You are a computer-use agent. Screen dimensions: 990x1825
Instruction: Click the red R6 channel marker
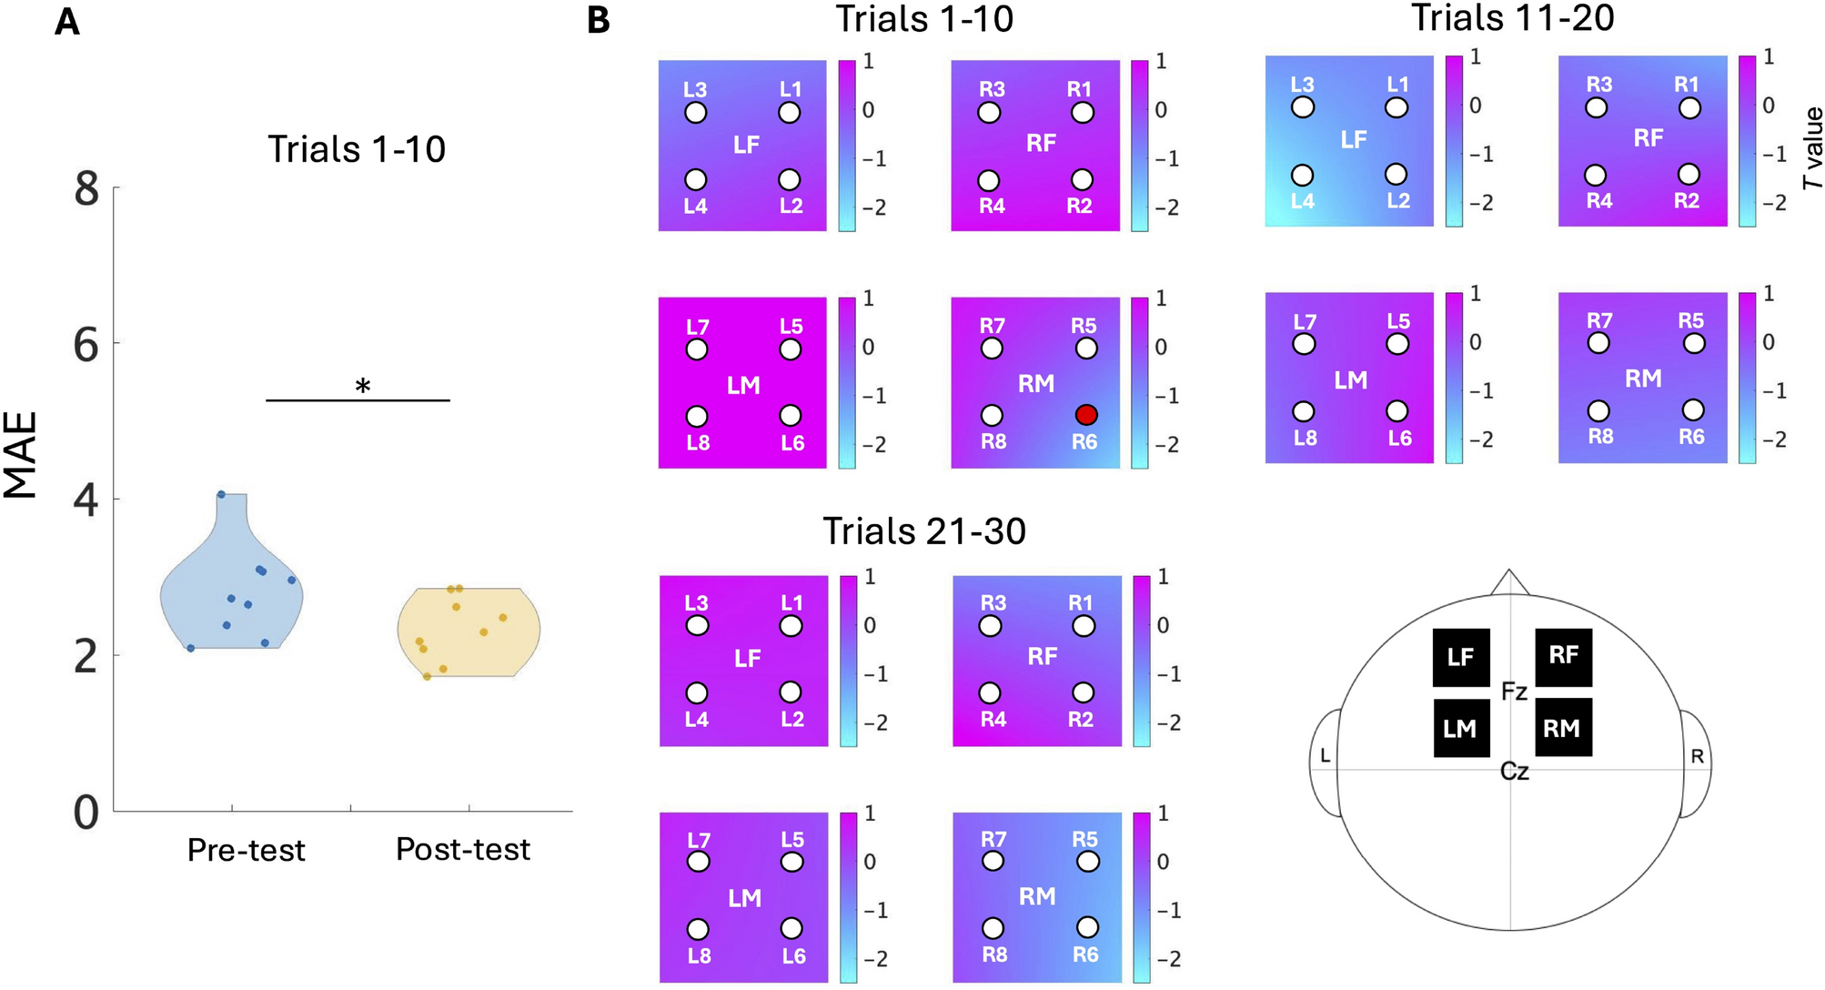point(1086,415)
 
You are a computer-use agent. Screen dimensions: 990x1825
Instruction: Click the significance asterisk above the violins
point(362,387)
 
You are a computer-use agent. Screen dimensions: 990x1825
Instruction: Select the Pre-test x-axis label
point(246,850)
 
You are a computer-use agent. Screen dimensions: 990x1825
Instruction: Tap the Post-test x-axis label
point(463,849)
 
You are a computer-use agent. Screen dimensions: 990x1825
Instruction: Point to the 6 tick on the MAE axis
point(86,345)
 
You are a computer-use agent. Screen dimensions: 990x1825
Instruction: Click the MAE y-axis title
point(22,455)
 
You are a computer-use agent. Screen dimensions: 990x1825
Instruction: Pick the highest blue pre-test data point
point(221,494)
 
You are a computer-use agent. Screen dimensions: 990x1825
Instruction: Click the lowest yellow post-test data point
point(427,676)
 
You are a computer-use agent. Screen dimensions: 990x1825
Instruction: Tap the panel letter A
point(66,22)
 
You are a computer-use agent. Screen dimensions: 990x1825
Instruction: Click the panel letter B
point(598,21)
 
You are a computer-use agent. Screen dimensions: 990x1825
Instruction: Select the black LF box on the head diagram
point(1461,657)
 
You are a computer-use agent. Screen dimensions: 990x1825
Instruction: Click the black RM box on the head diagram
point(1563,728)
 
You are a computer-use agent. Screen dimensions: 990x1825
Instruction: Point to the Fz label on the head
point(1514,692)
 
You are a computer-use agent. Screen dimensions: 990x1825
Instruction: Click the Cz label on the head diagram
point(1514,772)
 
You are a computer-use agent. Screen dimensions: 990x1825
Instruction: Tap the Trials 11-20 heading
point(1513,17)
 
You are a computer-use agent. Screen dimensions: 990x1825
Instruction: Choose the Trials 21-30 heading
point(924,531)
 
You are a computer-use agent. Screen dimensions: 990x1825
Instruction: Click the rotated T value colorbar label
point(1812,147)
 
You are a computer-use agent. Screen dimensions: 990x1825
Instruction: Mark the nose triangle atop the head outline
point(1509,582)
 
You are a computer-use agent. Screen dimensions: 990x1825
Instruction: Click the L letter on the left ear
point(1325,755)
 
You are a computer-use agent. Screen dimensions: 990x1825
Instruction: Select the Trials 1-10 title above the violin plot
point(357,149)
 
